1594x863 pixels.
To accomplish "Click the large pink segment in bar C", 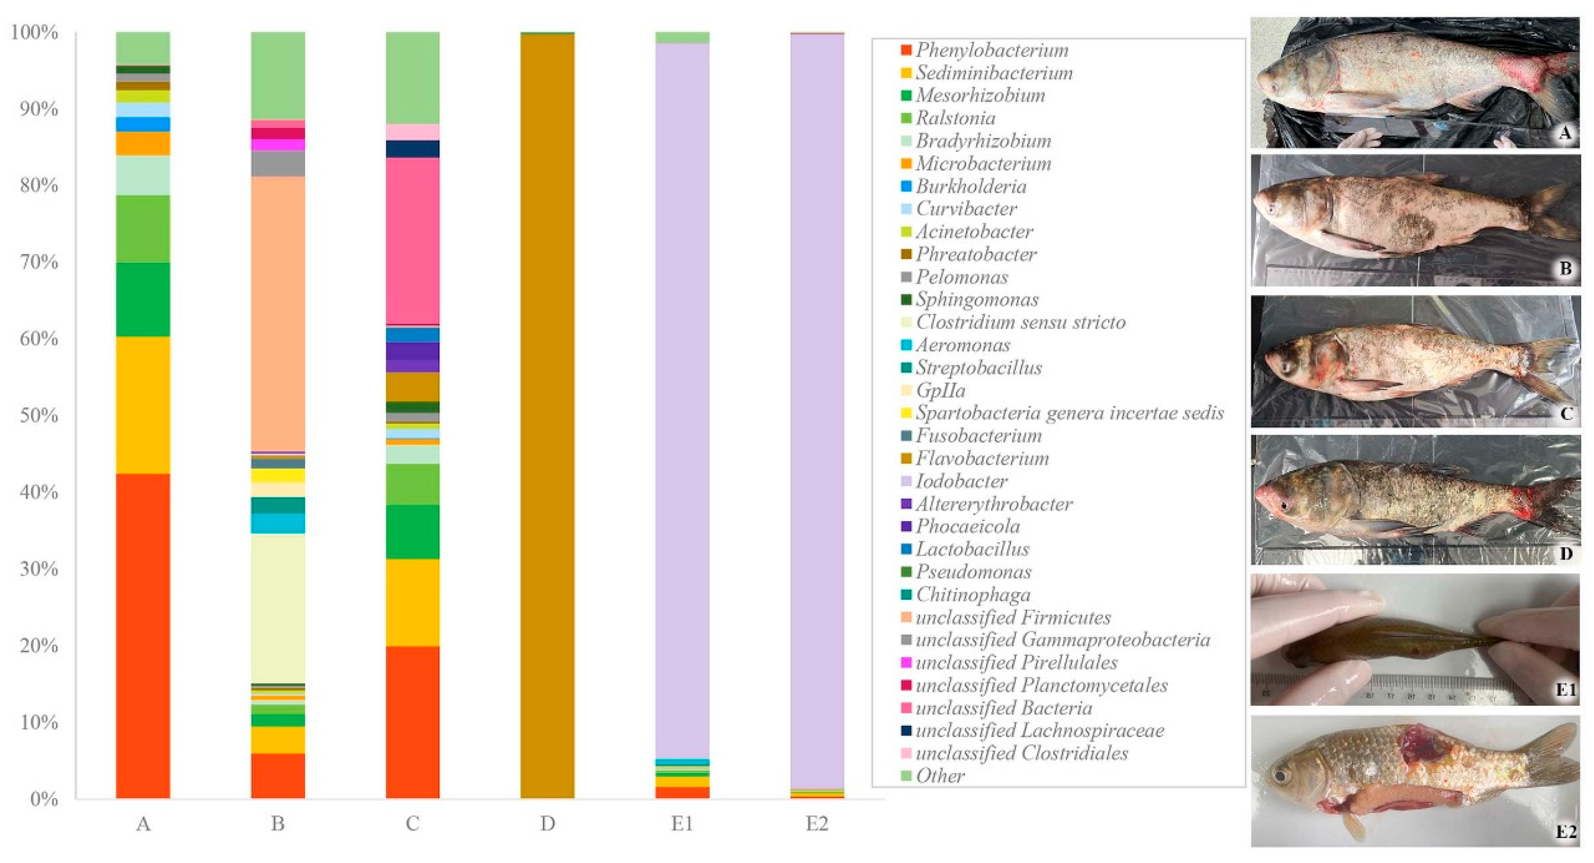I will (413, 241).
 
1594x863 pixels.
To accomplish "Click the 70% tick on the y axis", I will (39, 262).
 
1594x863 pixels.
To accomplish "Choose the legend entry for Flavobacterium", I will (982, 458).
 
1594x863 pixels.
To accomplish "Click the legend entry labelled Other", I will (939, 776).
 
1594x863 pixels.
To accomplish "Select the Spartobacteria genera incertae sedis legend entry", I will (1069, 413).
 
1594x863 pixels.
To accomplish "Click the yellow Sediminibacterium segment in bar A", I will (143, 405).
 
